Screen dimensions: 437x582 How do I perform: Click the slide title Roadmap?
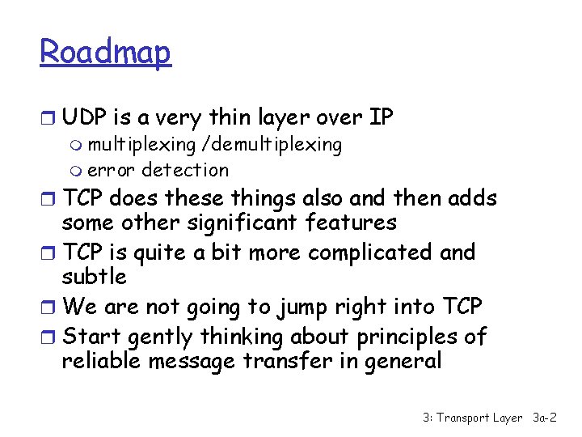click(106, 53)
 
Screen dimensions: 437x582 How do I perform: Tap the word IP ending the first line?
click(380, 118)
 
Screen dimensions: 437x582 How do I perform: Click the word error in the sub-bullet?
click(112, 170)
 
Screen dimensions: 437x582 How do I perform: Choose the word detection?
click(185, 170)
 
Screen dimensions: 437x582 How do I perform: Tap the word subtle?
click(95, 277)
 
